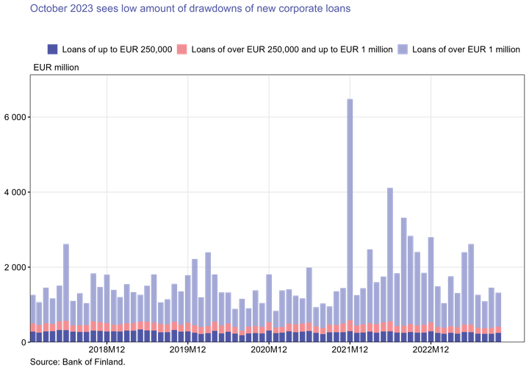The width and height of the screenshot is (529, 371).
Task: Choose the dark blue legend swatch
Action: coord(52,49)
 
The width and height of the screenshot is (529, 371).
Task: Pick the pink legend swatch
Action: coord(181,49)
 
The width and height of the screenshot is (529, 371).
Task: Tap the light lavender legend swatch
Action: coord(403,49)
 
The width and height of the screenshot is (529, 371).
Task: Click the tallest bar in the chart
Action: coord(350,206)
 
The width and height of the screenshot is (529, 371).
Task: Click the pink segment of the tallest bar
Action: coord(350,326)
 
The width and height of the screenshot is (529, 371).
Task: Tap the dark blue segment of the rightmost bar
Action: coord(499,337)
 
